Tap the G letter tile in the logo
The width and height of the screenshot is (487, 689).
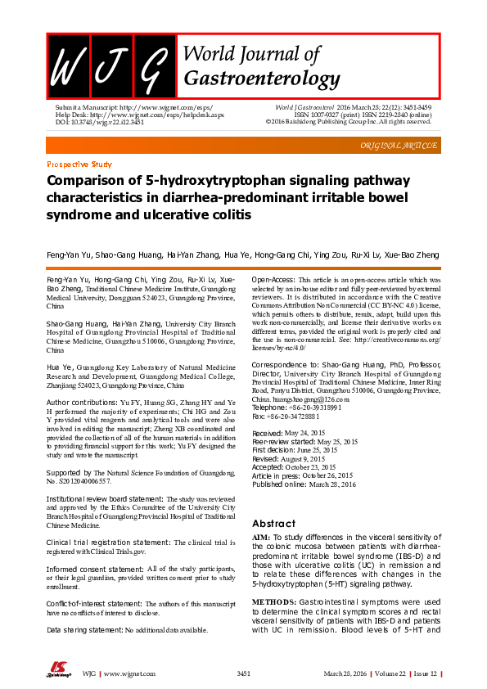pyautogui.click(x=156, y=65)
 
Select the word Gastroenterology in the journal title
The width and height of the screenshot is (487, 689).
pyautogui.click(x=263, y=79)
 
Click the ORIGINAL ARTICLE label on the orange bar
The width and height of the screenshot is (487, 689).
pyautogui.click(x=399, y=145)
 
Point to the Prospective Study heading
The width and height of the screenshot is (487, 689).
pyautogui.click(x=79, y=164)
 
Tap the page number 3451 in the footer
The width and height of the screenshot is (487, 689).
pyautogui.click(x=243, y=673)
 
